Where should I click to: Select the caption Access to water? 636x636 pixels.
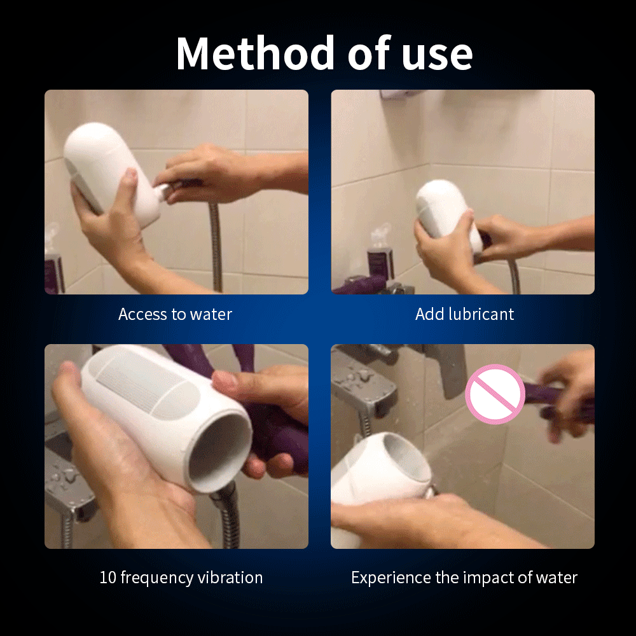coord(176,314)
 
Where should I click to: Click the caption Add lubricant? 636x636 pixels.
coord(464,314)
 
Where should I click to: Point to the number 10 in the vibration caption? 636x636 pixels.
coord(108,577)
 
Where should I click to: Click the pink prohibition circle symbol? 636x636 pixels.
coord(495,394)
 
